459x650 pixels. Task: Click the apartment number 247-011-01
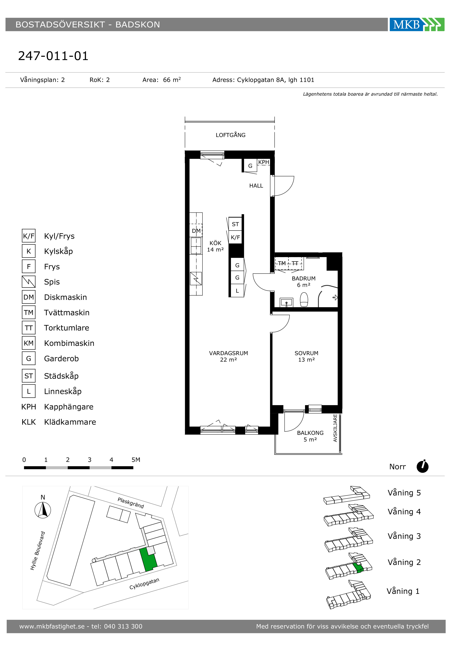tap(53, 56)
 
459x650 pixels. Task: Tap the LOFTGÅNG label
tap(230, 135)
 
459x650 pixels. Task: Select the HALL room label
tap(256, 186)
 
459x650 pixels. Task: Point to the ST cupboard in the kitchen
tap(235, 224)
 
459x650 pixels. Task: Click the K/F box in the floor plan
tap(235, 237)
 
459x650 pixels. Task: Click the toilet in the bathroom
tap(304, 300)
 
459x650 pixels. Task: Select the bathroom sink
tap(286, 302)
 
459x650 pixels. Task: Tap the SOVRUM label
tap(306, 353)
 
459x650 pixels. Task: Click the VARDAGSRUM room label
tap(228, 353)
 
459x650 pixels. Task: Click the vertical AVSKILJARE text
tap(335, 428)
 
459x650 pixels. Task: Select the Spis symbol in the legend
tap(29, 282)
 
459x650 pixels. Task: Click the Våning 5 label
tap(404, 493)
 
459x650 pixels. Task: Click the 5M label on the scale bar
tap(136, 460)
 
